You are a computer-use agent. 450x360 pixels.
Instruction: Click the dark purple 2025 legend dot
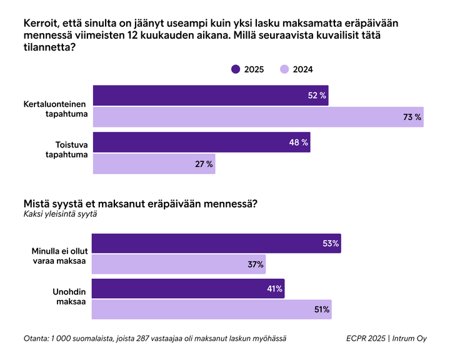click(x=236, y=69)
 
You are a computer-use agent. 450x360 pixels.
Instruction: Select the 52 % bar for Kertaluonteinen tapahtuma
click(x=210, y=96)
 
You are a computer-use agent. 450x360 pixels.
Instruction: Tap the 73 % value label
click(x=412, y=117)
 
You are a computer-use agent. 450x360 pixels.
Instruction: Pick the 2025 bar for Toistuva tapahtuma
click(x=201, y=142)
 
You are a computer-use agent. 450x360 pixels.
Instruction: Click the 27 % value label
click(x=203, y=164)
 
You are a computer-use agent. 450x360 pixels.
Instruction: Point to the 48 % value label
click(x=298, y=142)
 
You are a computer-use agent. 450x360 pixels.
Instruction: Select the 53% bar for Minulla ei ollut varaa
click(x=216, y=244)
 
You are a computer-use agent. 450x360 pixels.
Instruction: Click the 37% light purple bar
click(x=179, y=265)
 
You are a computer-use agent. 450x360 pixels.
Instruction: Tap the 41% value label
click(x=274, y=289)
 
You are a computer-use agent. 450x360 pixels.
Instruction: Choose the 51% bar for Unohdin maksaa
click(x=211, y=310)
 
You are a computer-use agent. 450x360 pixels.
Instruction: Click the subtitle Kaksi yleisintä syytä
click(x=60, y=214)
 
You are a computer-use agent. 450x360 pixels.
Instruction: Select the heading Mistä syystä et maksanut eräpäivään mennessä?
click(x=140, y=203)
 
